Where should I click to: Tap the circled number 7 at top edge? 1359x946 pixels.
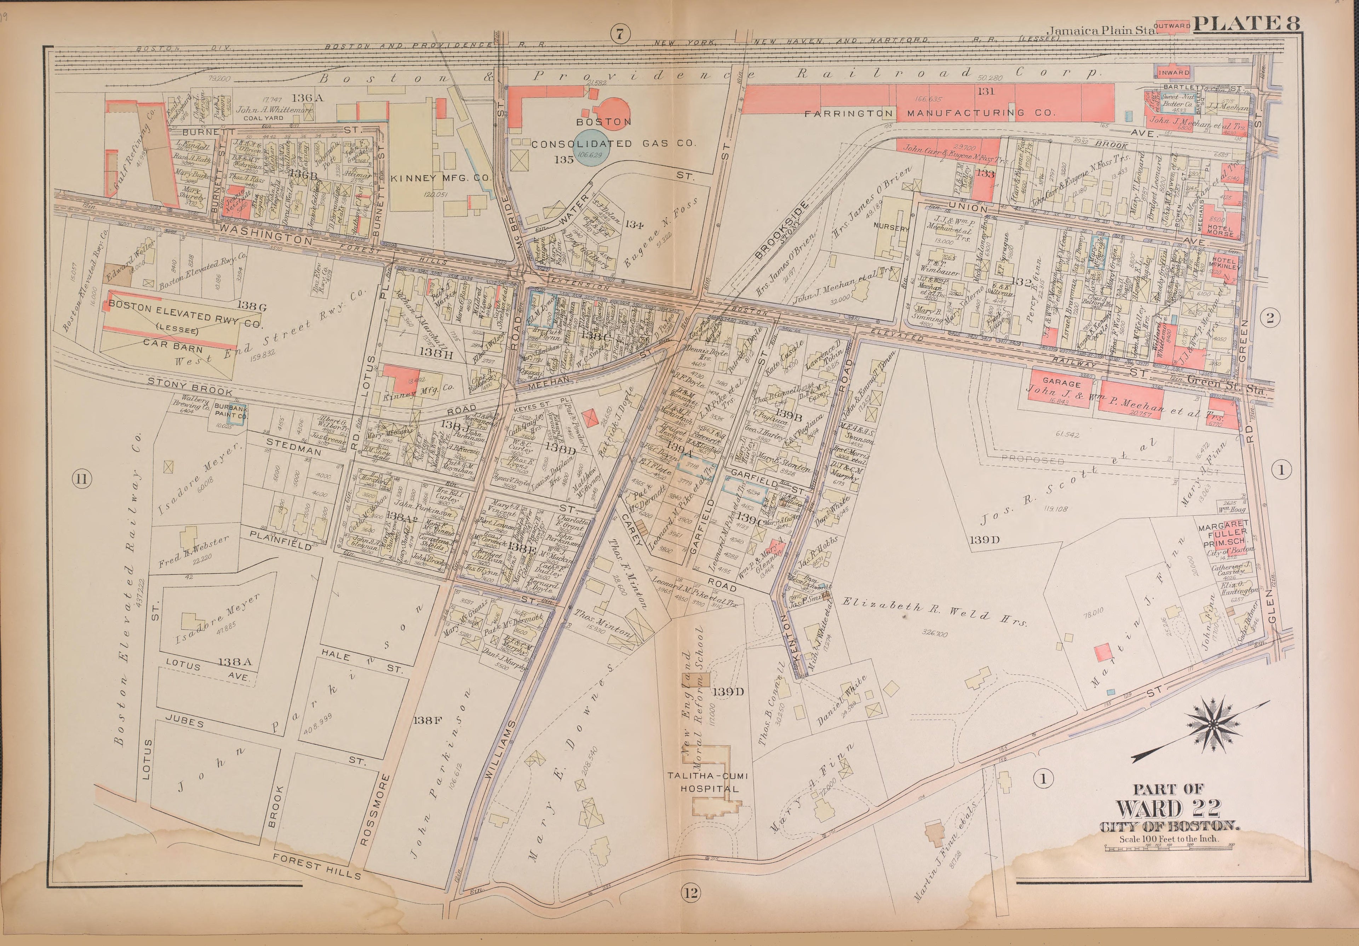pos(619,34)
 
